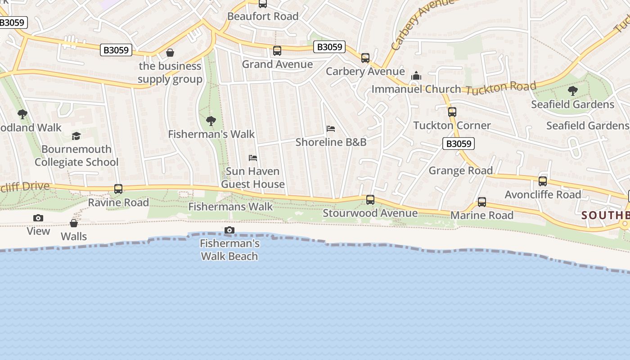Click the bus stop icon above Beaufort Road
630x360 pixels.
pos(262,4)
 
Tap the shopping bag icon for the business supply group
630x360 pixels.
pos(170,53)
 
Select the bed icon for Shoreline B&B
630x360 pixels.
pos(331,129)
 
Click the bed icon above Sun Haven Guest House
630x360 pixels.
pos(253,158)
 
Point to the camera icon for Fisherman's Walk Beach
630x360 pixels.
pos(229,230)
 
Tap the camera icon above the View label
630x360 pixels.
pos(38,218)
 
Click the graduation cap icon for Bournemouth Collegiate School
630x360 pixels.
pos(76,136)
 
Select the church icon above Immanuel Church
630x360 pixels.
pos(416,76)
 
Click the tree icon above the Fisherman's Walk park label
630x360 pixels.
pos(211,121)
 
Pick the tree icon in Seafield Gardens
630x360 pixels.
pos(572,91)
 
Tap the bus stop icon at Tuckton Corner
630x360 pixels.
pos(452,112)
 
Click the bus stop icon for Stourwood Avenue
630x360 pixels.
pos(370,200)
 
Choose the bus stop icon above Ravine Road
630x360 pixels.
pos(118,189)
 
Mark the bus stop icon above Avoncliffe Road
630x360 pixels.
pos(543,181)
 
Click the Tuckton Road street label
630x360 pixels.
pos(501,88)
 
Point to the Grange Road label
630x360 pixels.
pos(460,171)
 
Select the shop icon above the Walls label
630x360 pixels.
pos(74,223)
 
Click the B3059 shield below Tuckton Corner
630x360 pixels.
pos(459,144)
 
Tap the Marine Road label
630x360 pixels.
pos(481,215)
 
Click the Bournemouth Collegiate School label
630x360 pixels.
pos(76,155)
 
